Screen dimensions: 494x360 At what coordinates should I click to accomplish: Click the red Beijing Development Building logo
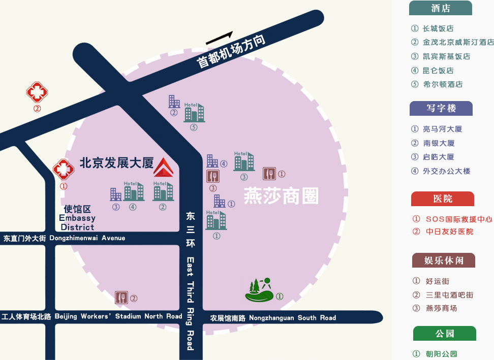click(x=164, y=167)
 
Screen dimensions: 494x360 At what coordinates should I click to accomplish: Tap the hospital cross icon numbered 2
click(x=37, y=92)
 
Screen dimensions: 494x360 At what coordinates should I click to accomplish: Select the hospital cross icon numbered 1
click(x=64, y=169)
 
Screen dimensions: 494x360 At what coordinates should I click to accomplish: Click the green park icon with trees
click(x=260, y=290)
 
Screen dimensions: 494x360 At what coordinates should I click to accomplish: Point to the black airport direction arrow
click(x=219, y=38)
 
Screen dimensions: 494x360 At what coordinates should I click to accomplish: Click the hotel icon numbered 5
click(x=194, y=112)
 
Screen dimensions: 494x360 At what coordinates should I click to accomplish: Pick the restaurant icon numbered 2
click(x=121, y=298)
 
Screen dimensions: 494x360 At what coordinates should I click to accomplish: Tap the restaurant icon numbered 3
click(x=213, y=176)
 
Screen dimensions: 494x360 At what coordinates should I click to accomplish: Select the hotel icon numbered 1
click(x=216, y=220)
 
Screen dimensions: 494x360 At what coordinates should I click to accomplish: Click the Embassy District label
click(x=77, y=218)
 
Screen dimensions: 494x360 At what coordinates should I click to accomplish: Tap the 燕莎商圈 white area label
click(x=282, y=195)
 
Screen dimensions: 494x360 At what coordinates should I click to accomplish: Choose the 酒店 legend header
click(x=441, y=8)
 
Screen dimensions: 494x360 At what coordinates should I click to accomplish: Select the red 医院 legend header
click(x=442, y=199)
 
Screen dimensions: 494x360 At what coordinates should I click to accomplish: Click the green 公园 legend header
click(x=445, y=333)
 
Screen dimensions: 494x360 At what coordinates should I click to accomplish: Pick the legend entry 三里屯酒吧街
click(x=450, y=295)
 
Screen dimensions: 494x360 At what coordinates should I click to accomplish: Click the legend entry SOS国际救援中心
click(x=459, y=219)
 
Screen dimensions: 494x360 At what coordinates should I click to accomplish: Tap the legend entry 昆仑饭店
click(x=438, y=71)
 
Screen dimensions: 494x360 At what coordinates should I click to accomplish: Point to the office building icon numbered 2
click(x=174, y=102)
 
